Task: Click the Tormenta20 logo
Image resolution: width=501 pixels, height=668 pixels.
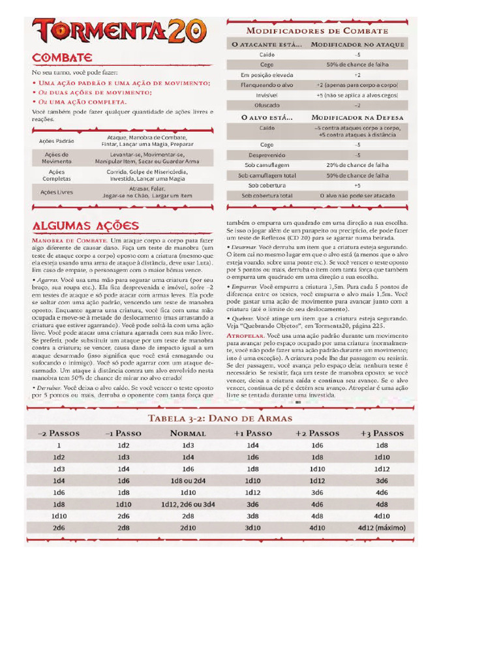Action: [119, 31]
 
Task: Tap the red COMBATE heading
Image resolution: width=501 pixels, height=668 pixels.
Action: [62, 58]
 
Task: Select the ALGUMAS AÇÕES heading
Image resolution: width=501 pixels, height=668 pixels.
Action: [85, 226]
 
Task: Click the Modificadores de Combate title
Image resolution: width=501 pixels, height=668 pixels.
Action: [317, 31]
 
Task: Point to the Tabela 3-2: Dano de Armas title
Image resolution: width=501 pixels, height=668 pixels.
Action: [220, 418]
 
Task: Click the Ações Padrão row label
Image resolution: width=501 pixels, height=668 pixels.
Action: [57, 141]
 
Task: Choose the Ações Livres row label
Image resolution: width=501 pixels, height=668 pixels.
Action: [57, 192]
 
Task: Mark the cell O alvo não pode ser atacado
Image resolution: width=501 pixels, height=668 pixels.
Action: [357, 195]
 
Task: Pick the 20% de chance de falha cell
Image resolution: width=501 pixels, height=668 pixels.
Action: [357, 165]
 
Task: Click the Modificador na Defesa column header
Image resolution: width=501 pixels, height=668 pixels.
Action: [357, 117]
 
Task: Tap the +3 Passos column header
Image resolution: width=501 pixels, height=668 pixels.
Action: [382, 433]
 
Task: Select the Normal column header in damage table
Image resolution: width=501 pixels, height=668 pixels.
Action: [188, 433]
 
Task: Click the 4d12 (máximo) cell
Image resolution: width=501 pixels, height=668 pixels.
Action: [382, 528]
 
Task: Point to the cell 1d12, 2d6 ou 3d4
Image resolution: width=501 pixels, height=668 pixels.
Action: [188, 504]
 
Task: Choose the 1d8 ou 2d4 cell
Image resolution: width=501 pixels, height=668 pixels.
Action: [188, 481]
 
